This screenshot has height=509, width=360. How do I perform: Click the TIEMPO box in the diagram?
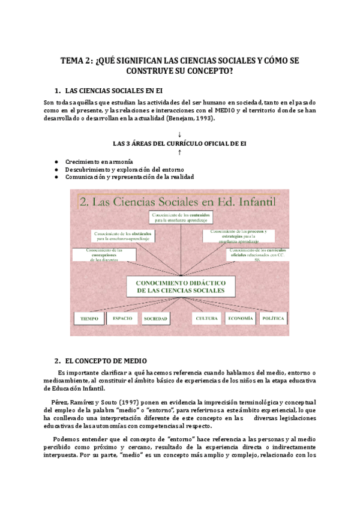coord(89,319)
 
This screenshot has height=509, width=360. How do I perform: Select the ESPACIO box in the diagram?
coord(122,319)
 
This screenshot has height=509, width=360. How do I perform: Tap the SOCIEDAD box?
coord(155,319)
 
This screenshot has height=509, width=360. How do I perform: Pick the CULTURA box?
coord(206,319)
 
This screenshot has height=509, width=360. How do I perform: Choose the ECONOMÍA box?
coord(239,319)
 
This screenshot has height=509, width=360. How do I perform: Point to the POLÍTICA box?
coord(273,319)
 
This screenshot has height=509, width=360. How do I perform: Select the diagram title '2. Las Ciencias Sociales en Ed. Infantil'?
coord(177,202)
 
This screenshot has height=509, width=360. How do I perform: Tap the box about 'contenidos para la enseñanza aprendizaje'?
coord(180,217)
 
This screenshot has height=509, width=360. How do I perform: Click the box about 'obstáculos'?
coord(124,235)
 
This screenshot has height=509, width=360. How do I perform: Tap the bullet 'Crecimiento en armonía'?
coord(99,162)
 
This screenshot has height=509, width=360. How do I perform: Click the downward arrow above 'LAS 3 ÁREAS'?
coord(179,134)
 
